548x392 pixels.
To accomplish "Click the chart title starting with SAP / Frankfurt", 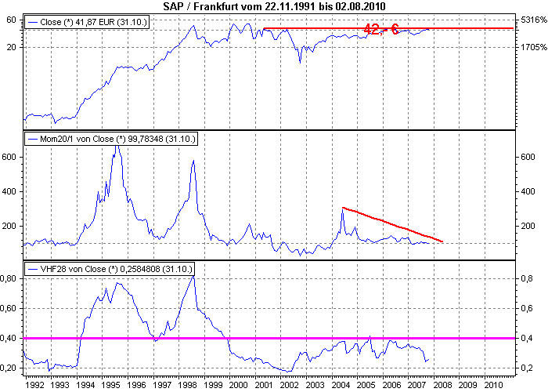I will tap(274, 6).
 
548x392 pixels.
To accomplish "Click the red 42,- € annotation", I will tap(380, 29).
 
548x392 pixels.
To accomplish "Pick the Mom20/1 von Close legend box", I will tap(112, 139).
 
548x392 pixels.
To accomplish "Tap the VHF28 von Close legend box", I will tap(110, 269).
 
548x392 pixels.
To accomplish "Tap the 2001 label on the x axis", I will tap(264, 385).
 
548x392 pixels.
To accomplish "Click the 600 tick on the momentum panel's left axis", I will tap(10, 157).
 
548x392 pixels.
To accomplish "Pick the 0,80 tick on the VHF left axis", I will tap(10, 278).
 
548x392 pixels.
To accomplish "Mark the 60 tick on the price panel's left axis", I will tap(13, 20).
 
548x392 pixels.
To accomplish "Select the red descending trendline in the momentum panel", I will tap(391, 224).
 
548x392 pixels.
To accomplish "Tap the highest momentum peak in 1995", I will tap(116, 147).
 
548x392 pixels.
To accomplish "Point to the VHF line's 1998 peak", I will tap(193, 277).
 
